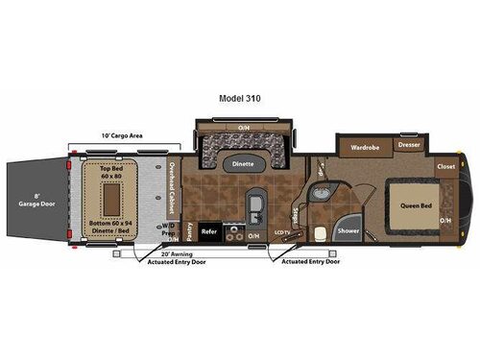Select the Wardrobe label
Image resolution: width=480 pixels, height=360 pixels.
click(x=364, y=148)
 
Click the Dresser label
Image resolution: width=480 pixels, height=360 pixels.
click(x=409, y=146)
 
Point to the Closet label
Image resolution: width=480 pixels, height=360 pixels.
click(x=445, y=166)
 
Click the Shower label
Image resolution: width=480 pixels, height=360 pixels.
click(x=348, y=231)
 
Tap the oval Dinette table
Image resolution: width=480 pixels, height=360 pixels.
click(x=244, y=164)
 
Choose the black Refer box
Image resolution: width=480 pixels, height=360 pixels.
click(x=210, y=231)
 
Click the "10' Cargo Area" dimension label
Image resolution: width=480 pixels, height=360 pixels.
click(x=123, y=135)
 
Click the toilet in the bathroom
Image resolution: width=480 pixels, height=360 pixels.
click(x=317, y=231)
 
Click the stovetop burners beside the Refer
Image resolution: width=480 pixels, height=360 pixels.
click(x=231, y=231)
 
